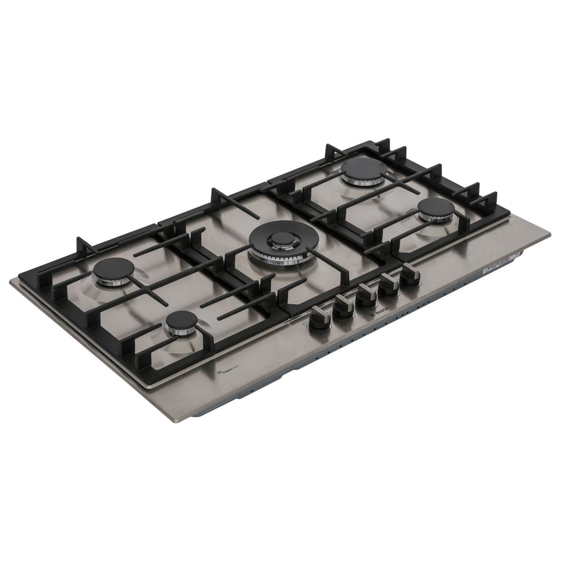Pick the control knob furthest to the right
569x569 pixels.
410,274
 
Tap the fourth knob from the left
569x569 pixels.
388,284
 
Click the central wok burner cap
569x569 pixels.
282,239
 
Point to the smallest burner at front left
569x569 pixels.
181,320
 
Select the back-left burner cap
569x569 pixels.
113,269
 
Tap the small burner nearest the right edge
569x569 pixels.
436,208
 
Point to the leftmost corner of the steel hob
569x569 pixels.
11,281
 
